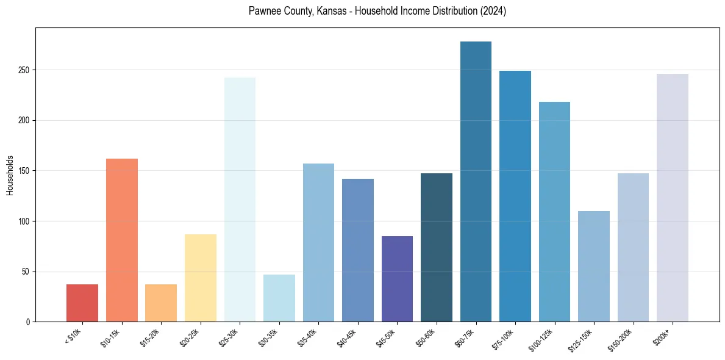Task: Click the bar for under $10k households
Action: tap(82, 303)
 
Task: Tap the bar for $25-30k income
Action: tap(240, 200)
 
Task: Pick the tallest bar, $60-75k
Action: tap(476, 181)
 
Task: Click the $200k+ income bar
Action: tap(673, 198)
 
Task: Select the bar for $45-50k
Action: tap(397, 279)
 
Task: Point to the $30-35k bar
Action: tap(279, 298)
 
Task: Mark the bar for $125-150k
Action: tap(594, 266)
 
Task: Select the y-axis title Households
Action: tap(10, 175)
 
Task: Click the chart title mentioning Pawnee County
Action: tap(377, 11)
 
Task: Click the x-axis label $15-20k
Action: tap(150, 337)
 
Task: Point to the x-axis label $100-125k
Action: tap(541, 339)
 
